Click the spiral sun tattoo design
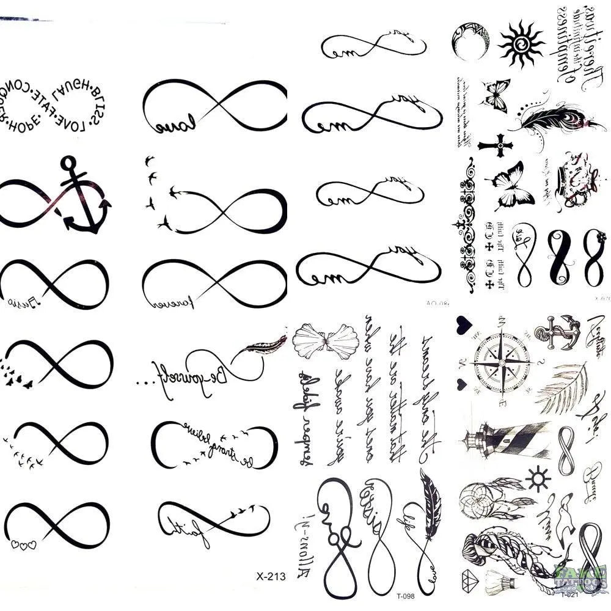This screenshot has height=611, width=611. click(x=521, y=43)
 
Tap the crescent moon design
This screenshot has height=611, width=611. click(x=469, y=42)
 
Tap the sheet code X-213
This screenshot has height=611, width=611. click(x=268, y=576)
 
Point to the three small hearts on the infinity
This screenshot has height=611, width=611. click(x=24, y=543)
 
